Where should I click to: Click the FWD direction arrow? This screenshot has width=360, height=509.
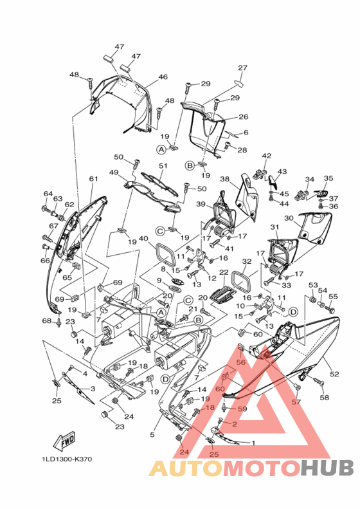[64, 441]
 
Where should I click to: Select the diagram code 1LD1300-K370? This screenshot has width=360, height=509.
[66, 459]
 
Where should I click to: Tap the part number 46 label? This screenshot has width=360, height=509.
[163, 77]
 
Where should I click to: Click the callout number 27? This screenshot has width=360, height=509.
[242, 68]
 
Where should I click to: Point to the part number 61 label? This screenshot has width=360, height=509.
[93, 178]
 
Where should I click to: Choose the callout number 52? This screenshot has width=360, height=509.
[334, 374]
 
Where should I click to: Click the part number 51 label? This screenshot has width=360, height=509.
[163, 165]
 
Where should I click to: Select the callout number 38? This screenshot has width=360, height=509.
[225, 179]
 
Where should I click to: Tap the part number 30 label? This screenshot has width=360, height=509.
[289, 218]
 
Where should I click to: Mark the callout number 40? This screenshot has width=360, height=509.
[143, 239]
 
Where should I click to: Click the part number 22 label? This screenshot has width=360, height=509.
[224, 272]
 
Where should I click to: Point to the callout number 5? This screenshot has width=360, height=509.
[152, 434]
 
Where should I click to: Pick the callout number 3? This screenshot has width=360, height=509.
[93, 389]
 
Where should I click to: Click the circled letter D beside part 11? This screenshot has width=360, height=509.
[293, 312]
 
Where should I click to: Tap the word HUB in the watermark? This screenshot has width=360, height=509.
[327, 468]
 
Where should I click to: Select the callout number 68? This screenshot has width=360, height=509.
[47, 320]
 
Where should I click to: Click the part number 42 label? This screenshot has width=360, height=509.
[267, 156]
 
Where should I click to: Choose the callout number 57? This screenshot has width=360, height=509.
[296, 402]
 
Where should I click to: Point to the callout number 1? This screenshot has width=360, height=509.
[253, 443]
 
